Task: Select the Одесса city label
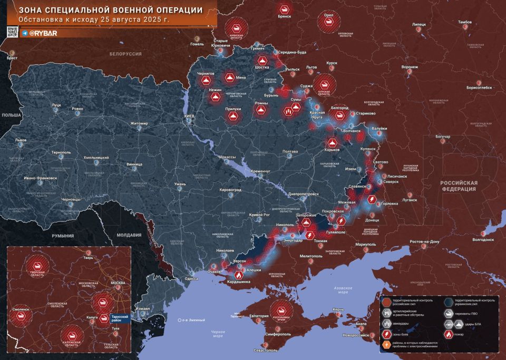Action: pyautogui.click(x=191, y=278)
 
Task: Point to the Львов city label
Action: pyautogui.click(x=21, y=140)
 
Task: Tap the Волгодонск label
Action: pyautogui.click(x=483, y=239)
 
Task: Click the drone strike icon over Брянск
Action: pyautogui.click(x=285, y=8)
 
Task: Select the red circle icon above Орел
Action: pyautogui.click(x=329, y=22)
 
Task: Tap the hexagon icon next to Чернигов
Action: pyautogui.click(x=206, y=81)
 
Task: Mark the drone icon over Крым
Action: pyautogui.click(x=284, y=310)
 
